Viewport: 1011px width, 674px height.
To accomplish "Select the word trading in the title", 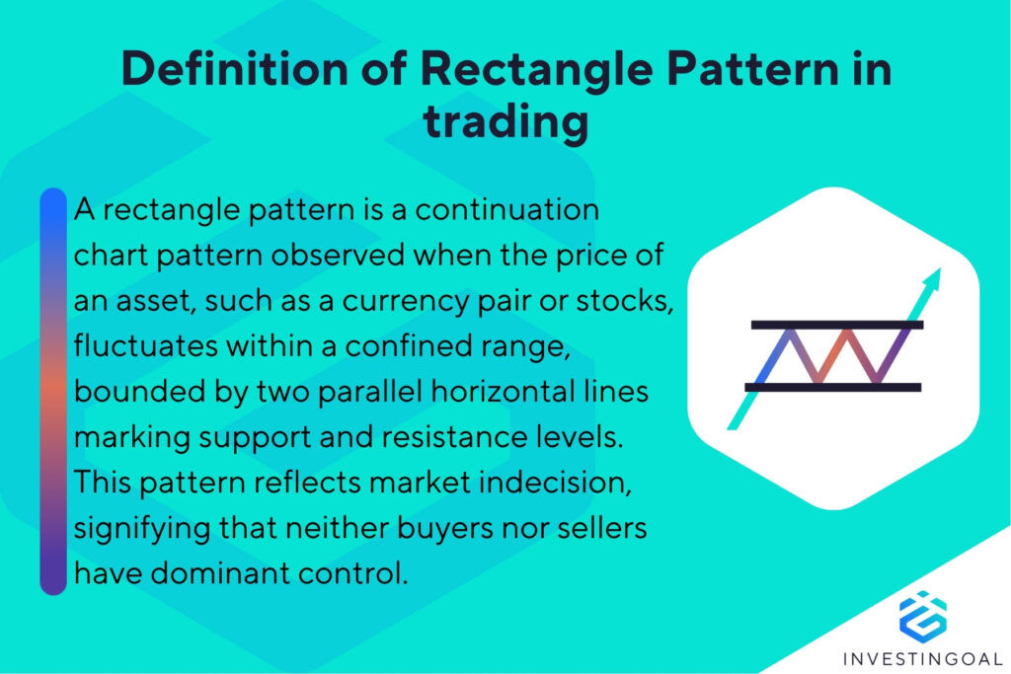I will pos(505,125).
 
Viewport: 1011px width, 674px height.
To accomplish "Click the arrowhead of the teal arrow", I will pos(934,277).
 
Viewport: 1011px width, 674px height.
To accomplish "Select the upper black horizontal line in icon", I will pos(836,324).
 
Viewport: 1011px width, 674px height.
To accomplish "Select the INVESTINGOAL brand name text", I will pos(922,658).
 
